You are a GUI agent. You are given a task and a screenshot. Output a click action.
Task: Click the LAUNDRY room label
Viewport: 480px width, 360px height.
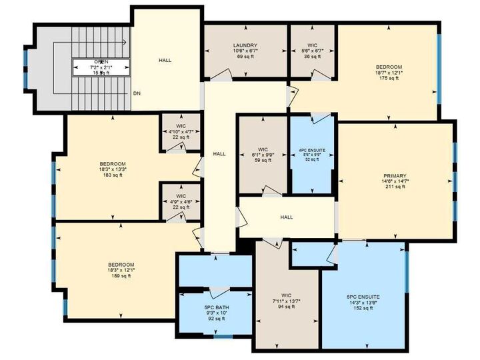(x=245, y=45)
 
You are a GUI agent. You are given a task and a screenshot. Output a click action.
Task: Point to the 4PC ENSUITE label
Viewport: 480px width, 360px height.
(x=312, y=150)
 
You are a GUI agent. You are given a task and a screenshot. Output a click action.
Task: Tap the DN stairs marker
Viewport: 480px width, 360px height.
(x=136, y=93)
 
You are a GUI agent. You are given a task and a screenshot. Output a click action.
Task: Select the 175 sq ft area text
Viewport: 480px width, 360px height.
(x=388, y=78)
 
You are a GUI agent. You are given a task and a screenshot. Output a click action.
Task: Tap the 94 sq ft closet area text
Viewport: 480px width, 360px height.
(x=287, y=307)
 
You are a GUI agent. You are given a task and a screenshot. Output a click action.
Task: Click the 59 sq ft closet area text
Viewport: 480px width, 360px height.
(x=262, y=160)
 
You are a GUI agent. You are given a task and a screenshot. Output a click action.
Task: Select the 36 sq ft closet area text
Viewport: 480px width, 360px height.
(x=312, y=56)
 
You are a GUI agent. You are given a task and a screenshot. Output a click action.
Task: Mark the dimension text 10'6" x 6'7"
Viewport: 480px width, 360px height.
(x=245, y=51)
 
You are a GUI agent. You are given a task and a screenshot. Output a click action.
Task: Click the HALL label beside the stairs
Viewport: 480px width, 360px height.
(x=165, y=61)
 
